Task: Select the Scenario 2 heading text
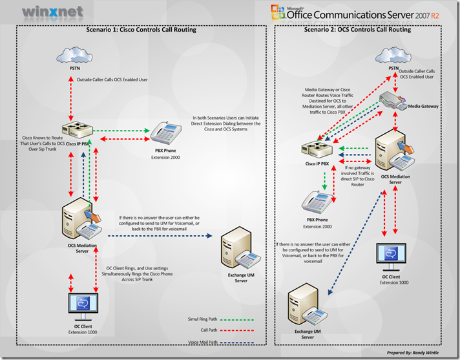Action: click(366, 30)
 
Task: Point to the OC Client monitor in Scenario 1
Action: click(83, 302)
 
